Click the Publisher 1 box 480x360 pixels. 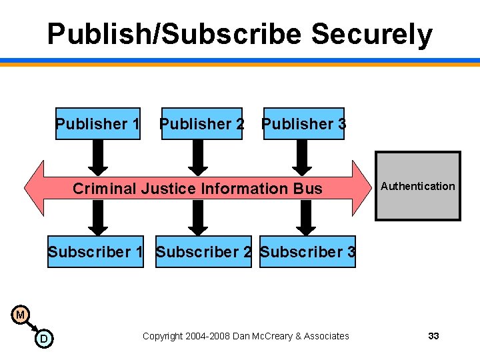coord(98,124)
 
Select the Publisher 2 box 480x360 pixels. coord(202,124)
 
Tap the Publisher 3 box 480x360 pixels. coord(304,124)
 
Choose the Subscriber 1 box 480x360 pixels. coord(95,252)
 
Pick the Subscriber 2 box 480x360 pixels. coord(203,252)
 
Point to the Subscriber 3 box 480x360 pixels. coord(307,252)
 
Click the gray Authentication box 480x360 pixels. coord(418,187)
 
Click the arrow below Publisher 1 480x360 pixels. coord(98,157)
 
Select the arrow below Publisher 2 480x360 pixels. coord(197,157)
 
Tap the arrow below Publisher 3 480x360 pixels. coord(302,157)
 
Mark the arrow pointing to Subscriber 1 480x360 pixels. coord(98,218)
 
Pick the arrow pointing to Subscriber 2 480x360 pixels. coord(197,218)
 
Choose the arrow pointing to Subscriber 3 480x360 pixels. coord(306,218)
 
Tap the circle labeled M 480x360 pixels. coord(20,314)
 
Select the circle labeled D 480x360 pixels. coord(44,339)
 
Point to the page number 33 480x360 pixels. coord(433,336)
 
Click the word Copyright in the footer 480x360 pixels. coord(163,336)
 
